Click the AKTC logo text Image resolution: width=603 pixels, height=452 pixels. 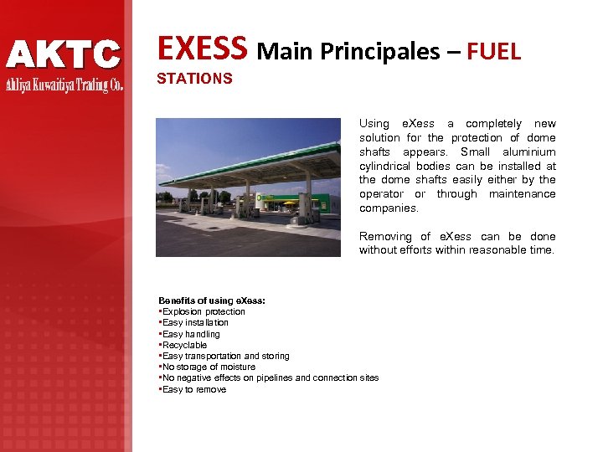point(64,55)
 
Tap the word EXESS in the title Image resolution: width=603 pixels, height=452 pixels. point(204,49)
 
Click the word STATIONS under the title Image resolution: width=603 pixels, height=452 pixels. point(194,79)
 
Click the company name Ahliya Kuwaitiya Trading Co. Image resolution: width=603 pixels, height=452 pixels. point(64,85)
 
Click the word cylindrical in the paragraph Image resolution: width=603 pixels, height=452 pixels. point(388,166)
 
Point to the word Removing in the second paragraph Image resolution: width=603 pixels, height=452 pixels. point(385,236)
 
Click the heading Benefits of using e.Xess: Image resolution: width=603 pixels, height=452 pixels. point(212,300)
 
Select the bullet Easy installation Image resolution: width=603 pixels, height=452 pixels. point(195,322)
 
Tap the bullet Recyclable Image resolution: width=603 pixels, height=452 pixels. point(184,345)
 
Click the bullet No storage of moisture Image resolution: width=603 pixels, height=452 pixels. point(209,367)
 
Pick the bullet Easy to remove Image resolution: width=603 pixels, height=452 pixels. point(194,389)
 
